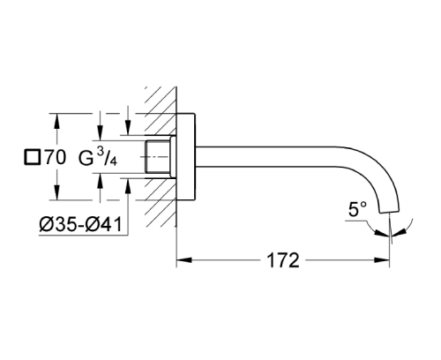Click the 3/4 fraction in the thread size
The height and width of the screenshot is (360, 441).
tap(106, 159)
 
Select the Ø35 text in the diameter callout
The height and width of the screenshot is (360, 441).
tap(56, 224)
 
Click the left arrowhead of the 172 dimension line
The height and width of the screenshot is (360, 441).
tap(183, 260)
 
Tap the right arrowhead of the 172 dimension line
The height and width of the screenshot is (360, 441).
tap(385, 260)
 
